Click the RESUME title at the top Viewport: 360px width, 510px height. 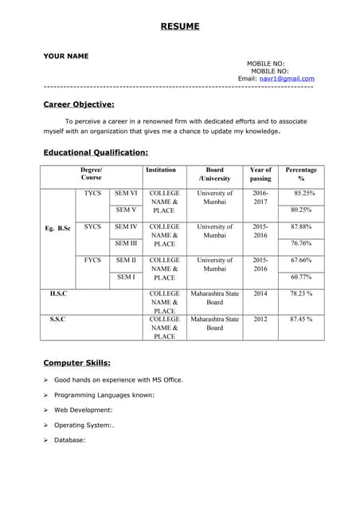[x=180, y=26]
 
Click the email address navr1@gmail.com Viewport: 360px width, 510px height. [x=287, y=79]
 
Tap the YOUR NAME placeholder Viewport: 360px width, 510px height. [x=66, y=56]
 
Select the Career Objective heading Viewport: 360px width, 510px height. [x=79, y=104]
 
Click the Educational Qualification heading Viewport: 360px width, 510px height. [x=96, y=151]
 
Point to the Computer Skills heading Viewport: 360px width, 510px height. [x=76, y=363]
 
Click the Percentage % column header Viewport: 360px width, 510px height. [x=301, y=174]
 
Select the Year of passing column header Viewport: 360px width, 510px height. [x=260, y=174]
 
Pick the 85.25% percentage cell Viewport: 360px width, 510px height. [x=303, y=194]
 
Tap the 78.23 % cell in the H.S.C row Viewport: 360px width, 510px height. [x=301, y=294]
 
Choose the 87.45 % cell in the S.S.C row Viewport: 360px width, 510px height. [x=301, y=319]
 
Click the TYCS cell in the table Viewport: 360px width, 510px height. [x=92, y=194]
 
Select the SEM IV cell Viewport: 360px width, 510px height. [x=126, y=227]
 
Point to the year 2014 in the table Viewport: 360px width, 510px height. [x=260, y=294]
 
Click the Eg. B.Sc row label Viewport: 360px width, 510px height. [x=57, y=229]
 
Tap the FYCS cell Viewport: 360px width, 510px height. [x=92, y=261]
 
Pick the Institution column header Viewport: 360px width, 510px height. [x=161, y=170]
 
